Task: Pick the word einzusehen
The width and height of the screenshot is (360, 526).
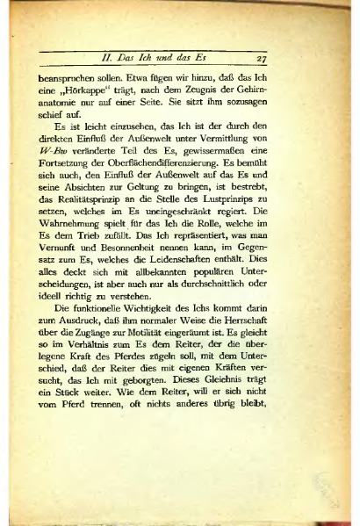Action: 125,140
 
